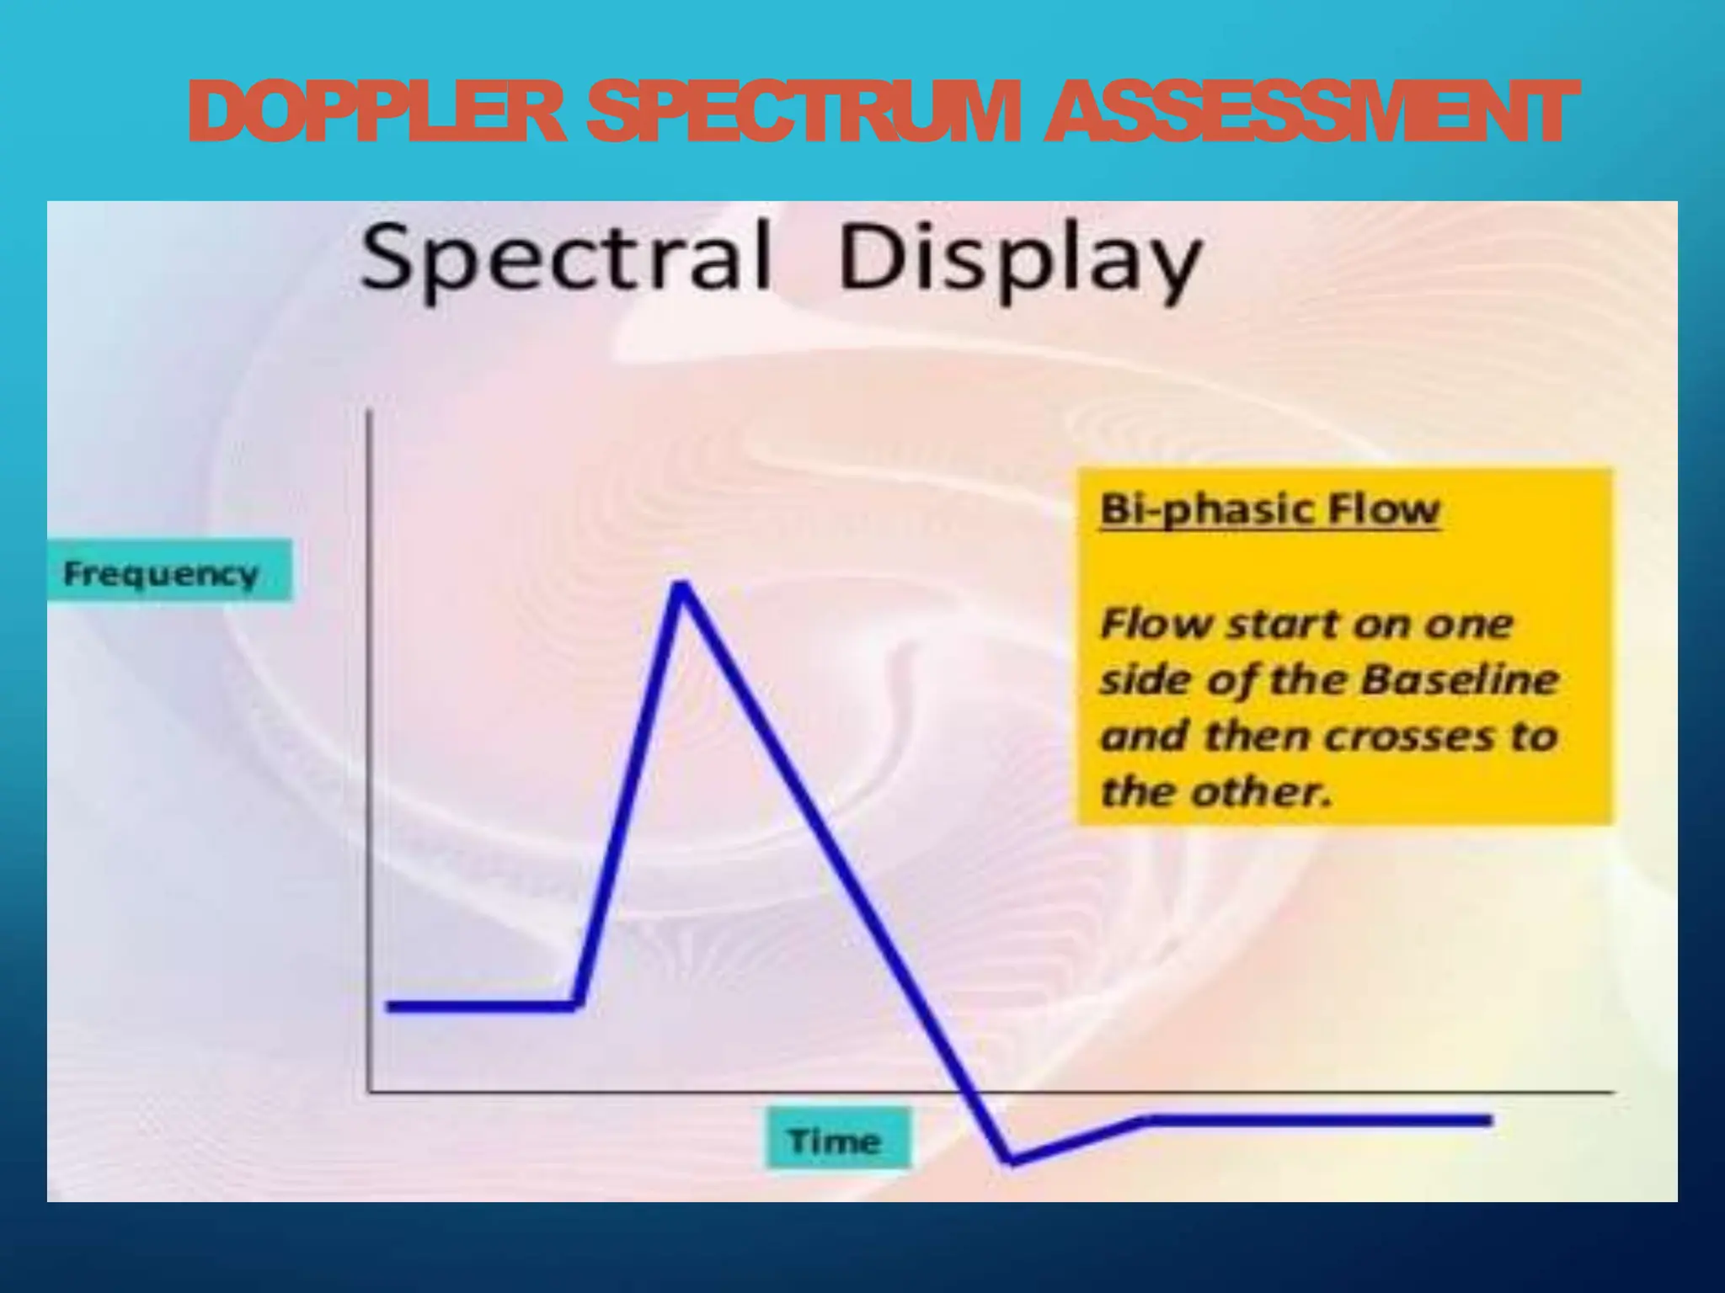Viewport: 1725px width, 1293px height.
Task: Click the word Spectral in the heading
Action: pyautogui.click(x=565, y=257)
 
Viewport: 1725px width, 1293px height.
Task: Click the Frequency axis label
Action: pyautogui.click(x=161, y=573)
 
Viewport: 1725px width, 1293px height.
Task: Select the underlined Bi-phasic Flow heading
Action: pyautogui.click(x=1269, y=510)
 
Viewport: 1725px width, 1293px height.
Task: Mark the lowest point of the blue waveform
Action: pyautogui.click(x=1012, y=1161)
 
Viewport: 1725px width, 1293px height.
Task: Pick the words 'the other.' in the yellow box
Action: pyautogui.click(x=1216, y=792)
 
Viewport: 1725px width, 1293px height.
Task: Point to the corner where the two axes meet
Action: pyautogui.click(x=369, y=1092)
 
